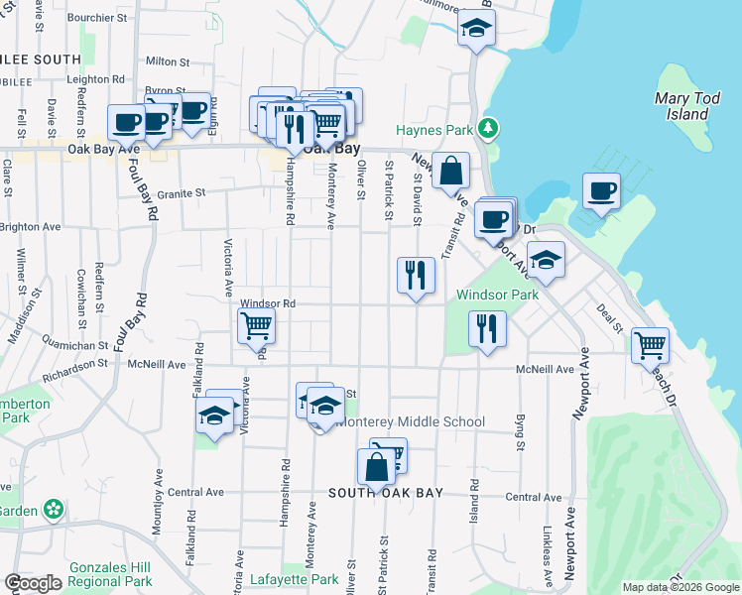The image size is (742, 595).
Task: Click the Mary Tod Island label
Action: (680, 106)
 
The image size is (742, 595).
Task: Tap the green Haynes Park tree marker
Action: (487, 129)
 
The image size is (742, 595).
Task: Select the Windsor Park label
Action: (496, 295)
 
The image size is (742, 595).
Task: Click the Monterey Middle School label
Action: (411, 421)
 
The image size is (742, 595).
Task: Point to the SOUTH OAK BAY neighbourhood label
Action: (377, 493)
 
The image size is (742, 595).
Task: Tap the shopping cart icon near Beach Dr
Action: (651, 345)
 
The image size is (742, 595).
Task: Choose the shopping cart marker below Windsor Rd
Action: (256, 324)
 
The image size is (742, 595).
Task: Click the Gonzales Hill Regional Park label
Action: (110, 574)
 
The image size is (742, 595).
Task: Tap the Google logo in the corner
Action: (34, 583)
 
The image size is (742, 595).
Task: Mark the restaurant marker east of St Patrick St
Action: (416, 275)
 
